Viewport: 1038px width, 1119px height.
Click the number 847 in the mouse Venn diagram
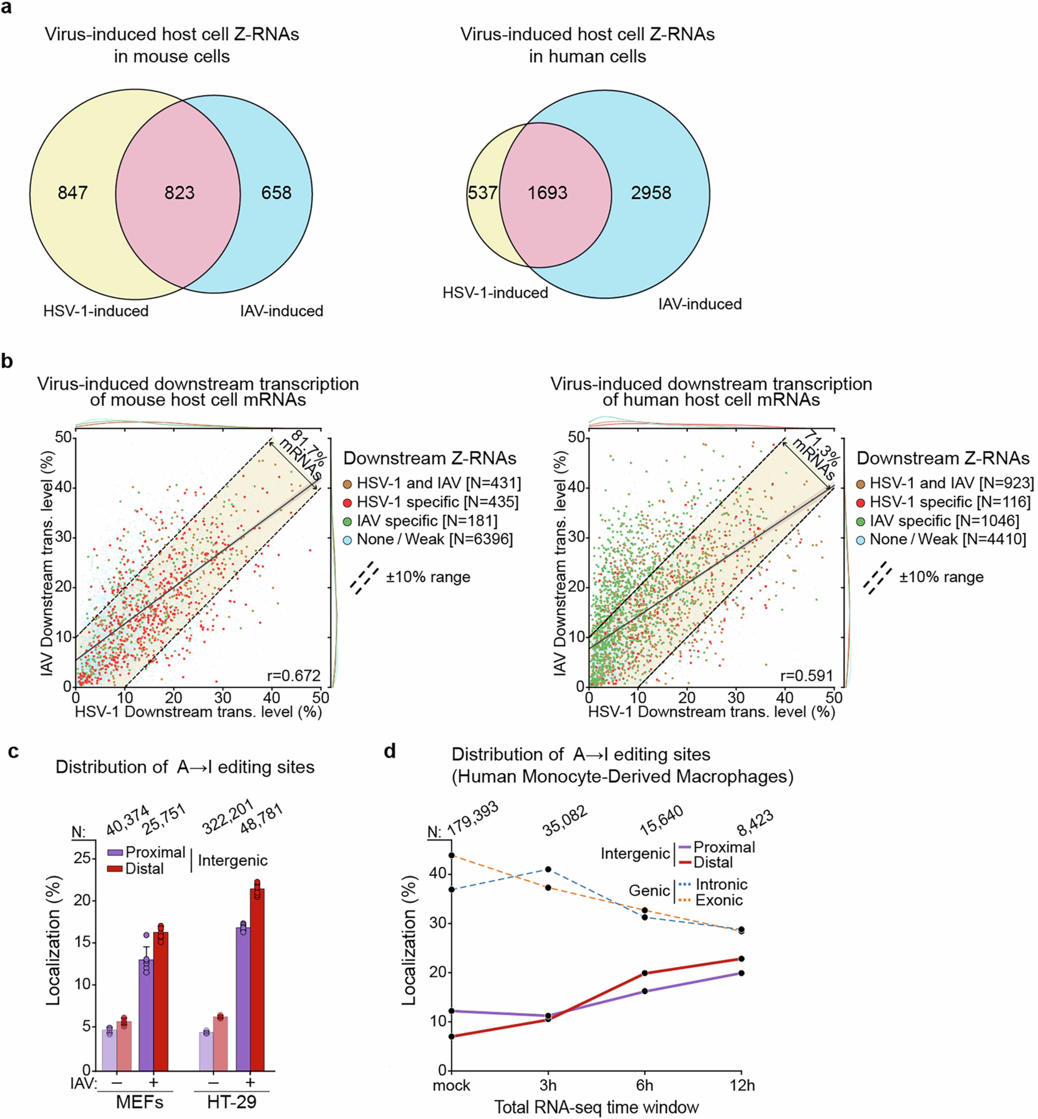[72, 193]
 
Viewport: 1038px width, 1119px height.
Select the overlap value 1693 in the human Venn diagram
[547, 193]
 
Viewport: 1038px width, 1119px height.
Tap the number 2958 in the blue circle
[650, 193]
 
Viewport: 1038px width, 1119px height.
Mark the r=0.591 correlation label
[807, 675]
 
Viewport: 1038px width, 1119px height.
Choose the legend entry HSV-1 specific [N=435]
[431, 502]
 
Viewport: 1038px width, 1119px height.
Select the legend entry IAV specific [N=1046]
[944, 521]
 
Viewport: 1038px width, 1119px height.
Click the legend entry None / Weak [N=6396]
[428, 539]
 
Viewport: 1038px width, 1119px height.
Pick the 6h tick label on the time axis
[645, 1085]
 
